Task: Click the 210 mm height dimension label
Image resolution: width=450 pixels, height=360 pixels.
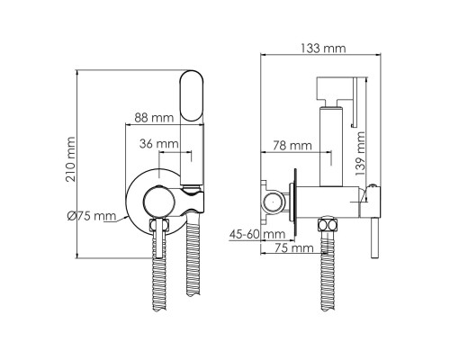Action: click(71, 159)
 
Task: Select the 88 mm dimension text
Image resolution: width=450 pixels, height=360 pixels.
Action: click(154, 118)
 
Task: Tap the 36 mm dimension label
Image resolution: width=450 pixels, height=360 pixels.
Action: click(159, 144)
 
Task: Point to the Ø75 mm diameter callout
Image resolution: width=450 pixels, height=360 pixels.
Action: click(92, 216)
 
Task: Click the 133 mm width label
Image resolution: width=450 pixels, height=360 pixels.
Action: click(323, 49)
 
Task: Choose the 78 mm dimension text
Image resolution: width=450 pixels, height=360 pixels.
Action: click(292, 146)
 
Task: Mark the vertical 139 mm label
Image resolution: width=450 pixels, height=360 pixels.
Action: click(360, 153)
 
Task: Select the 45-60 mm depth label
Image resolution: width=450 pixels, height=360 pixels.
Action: click(257, 234)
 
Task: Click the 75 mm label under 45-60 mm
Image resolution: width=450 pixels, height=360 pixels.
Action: click(294, 248)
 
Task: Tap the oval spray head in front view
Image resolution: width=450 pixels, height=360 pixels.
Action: click(192, 96)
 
